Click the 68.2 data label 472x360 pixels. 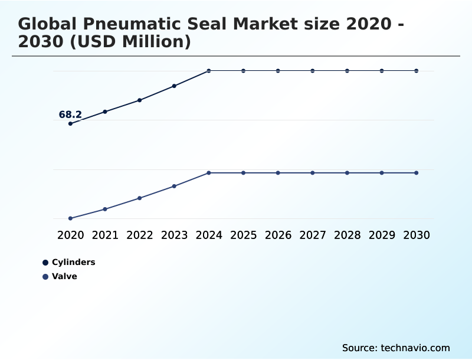70,114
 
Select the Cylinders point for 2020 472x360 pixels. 70,123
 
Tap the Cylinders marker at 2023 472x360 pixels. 174,86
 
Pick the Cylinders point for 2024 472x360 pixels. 209,71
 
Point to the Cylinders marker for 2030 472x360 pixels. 417,71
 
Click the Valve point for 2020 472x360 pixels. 70,218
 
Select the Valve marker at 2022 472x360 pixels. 140,198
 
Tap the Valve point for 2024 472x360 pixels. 209,173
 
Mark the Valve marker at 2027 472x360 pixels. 313,173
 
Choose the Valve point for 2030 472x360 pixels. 417,173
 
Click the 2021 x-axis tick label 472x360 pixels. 105,235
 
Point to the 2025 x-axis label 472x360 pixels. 243,235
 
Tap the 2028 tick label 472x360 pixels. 347,235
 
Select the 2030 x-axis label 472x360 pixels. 417,235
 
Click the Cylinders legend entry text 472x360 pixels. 73,262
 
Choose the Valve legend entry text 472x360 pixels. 64,276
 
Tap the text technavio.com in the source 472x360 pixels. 415,348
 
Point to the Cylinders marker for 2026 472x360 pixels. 278,71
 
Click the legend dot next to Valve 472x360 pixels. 45,277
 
